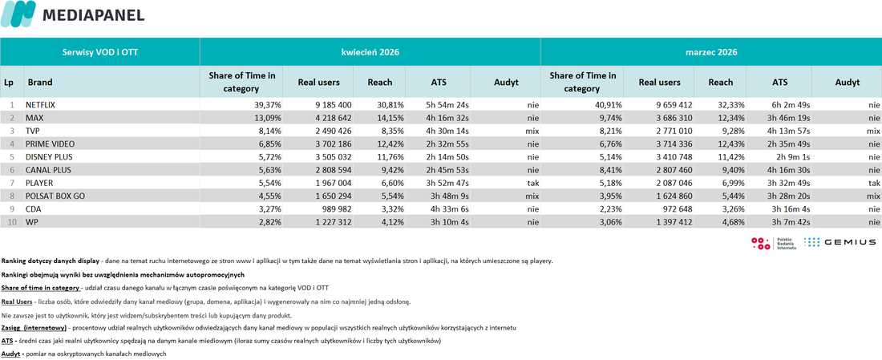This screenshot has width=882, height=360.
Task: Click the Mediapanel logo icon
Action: coord(18,14)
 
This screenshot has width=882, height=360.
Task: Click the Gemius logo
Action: coord(840,242)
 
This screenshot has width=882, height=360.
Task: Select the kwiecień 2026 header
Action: coord(370,52)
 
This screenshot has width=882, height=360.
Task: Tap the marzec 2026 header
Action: coord(711,52)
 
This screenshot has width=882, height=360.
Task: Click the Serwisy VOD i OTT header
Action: coord(100,52)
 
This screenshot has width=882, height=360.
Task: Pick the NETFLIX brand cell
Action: coord(41,105)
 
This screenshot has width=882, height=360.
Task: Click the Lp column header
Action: coord(9,82)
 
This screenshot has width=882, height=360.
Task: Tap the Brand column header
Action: coord(39,82)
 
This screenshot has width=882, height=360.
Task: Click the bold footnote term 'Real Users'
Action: coord(17,301)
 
